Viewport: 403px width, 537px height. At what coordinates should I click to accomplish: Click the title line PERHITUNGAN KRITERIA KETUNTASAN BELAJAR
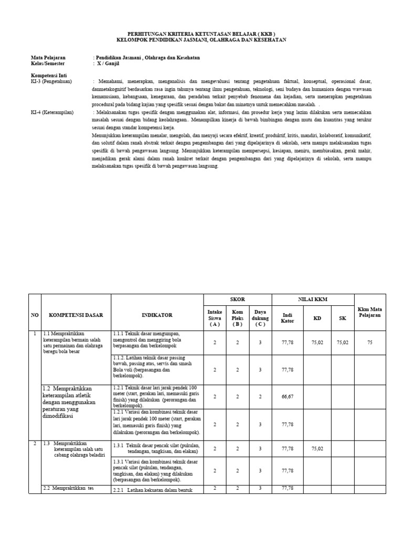pyautogui.click(x=201, y=33)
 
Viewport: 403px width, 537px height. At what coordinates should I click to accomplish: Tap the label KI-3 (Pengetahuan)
pyautogui.click(x=51, y=81)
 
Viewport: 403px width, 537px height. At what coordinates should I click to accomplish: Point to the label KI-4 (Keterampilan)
pyautogui.click(x=52, y=112)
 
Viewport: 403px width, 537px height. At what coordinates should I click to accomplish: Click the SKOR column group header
pyautogui.click(x=237, y=299)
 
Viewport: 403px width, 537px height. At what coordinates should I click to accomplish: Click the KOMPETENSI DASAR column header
pyautogui.click(x=76, y=315)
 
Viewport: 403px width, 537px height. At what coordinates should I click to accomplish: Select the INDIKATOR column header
pyautogui.click(x=157, y=315)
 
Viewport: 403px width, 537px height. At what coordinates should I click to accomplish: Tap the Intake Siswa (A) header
pyautogui.click(x=215, y=317)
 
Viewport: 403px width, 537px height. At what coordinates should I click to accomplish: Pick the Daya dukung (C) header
pyautogui.click(x=260, y=317)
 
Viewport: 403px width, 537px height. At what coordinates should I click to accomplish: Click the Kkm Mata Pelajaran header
pyautogui.click(x=370, y=313)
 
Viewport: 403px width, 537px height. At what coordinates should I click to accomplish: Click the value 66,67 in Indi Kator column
pyautogui.click(x=288, y=398)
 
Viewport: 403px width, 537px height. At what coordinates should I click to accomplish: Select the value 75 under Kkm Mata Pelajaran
pyautogui.click(x=370, y=342)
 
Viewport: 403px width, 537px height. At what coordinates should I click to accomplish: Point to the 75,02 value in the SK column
pyautogui.click(x=342, y=342)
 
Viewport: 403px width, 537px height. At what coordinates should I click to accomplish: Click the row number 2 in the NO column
pyautogui.click(x=35, y=444)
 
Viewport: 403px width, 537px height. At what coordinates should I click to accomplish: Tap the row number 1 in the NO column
pyautogui.click(x=35, y=334)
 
